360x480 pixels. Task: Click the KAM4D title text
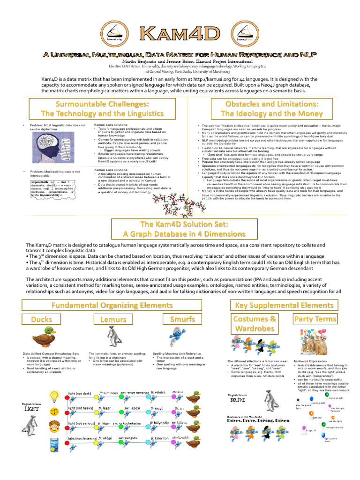(x=180, y=34)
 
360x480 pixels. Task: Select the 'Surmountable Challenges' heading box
(x=102, y=108)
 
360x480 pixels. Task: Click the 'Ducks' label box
(x=41, y=319)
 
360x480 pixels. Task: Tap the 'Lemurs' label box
(x=113, y=319)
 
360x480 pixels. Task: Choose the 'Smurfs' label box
(x=182, y=319)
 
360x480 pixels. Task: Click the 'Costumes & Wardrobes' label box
(x=255, y=324)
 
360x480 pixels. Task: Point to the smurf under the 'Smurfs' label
(x=180, y=337)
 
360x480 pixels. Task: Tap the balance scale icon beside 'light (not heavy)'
(x=55, y=410)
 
